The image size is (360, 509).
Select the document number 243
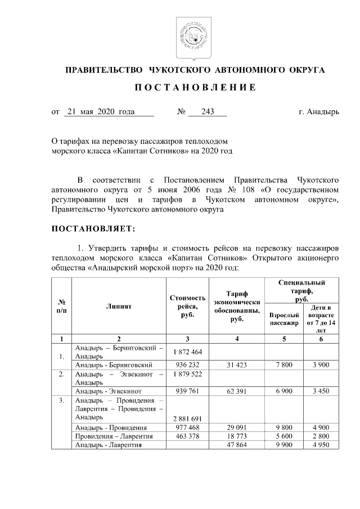207,112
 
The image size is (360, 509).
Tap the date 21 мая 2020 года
100,112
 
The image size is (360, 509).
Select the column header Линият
119,307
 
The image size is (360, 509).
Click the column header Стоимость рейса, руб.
187,306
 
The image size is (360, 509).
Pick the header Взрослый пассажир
284,320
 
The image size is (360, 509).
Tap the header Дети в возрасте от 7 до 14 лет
321,320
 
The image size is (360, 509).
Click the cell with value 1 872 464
187,352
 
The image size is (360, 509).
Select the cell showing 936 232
187,364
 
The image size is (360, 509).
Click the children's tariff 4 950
321,445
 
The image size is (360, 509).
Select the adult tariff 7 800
284,364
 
